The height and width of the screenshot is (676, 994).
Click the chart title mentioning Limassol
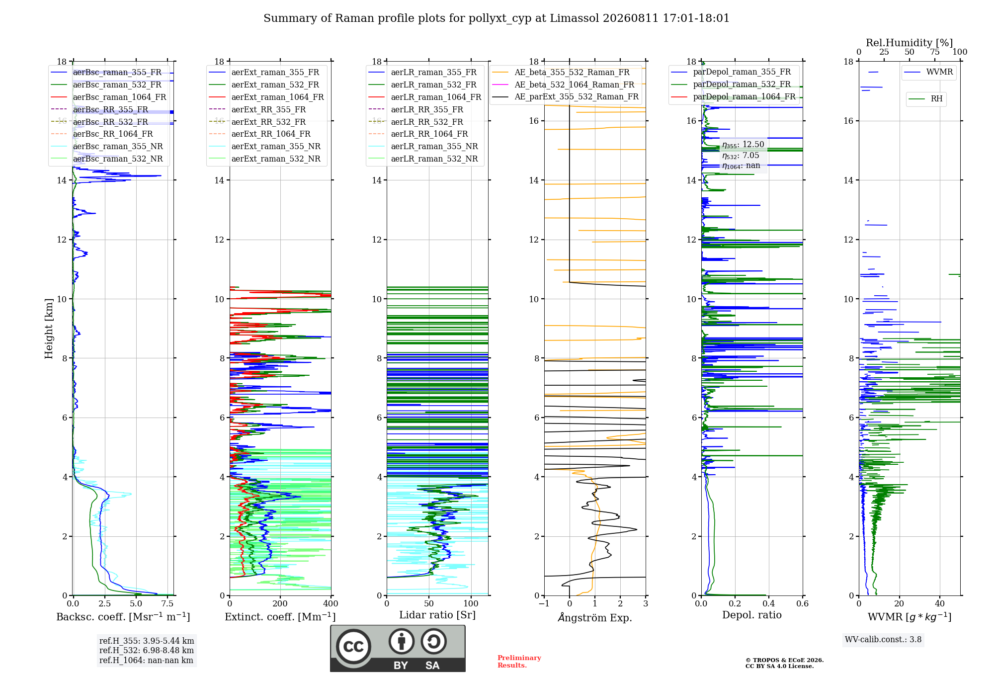497,18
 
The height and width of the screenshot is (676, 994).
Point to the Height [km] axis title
49,329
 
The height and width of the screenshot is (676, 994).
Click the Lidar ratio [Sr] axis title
437,615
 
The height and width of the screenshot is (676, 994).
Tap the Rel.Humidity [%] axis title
910,43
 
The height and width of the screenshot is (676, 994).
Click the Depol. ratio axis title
752,615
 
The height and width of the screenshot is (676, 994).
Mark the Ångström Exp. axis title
595,617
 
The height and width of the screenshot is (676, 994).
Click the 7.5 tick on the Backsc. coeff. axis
167,604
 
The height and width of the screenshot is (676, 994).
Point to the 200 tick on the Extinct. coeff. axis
280,604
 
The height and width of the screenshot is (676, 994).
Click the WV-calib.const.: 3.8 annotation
883,640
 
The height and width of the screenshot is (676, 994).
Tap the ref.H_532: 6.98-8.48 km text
147,651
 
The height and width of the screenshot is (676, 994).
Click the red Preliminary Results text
519,662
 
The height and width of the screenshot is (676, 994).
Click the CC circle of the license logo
353,647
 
